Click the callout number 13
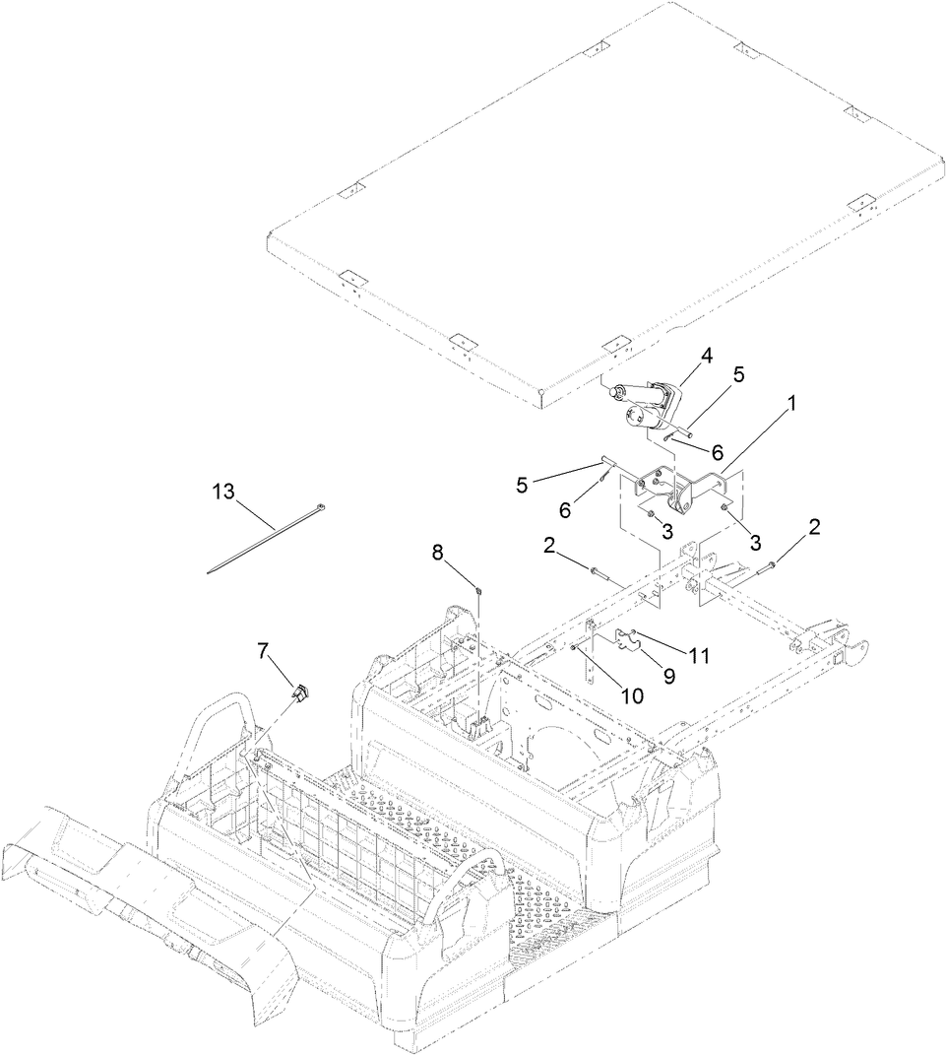(224, 491)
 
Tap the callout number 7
(262, 651)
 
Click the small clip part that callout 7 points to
(299, 692)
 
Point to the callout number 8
(438, 552)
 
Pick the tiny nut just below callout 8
(477, 591)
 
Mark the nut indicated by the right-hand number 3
(725, 508)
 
